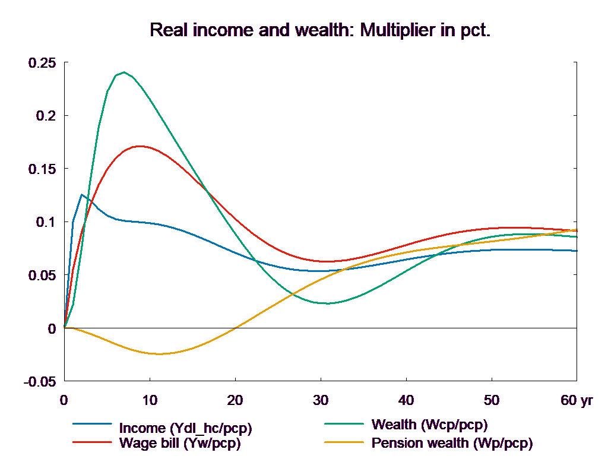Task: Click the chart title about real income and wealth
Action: coord(320,30)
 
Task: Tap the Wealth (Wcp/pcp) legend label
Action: coord(429,425)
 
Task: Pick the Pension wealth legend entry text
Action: coord(452,442)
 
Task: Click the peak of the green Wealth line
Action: coord(124,72)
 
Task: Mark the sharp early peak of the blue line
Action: coord(82,195)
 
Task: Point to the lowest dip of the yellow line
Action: coord(159,354)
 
